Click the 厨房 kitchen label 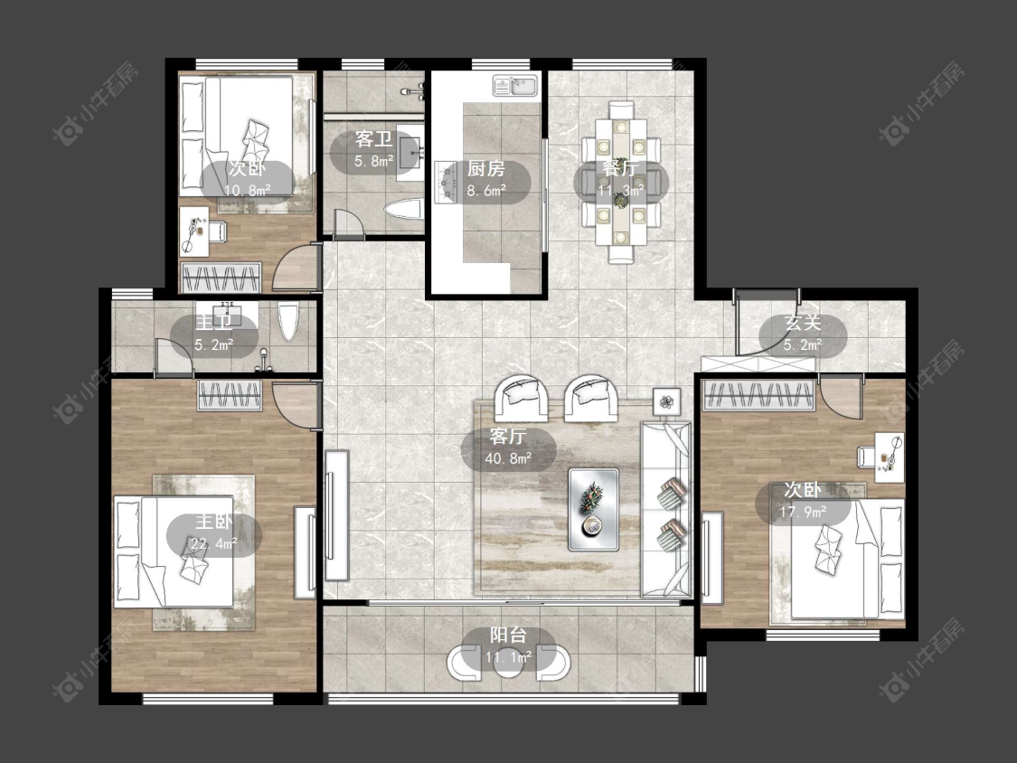tap(485, 169)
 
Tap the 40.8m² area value tap(508, 458)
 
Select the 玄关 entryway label tap(803, 323)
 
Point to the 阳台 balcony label tap(508, 636)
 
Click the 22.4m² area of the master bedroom tap(214, 543)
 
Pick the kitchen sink tap(514, 86)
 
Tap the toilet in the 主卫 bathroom tap(288, 321)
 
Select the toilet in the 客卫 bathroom tap(403, 211)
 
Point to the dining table tap(621, 183)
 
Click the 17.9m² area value tap(803, 512)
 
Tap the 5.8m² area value tap(374, 161)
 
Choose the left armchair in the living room tap(522, 397)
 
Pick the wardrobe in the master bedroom tap(231, 395)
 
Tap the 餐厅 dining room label tap(621, 169)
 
